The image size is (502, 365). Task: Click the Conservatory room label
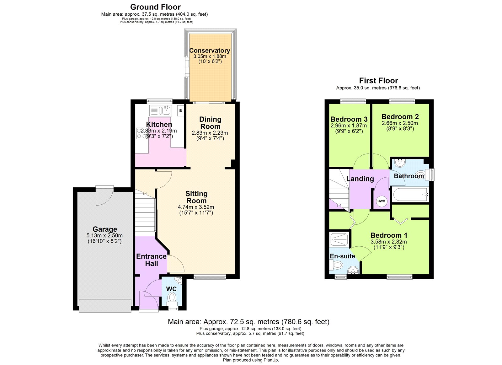tap(210, 51)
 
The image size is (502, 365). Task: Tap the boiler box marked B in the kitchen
tap(180, 110)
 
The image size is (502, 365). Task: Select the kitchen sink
tap(160, 110)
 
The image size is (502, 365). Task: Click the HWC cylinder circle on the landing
tap(381, 201)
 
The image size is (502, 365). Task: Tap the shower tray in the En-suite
tap(339, 239)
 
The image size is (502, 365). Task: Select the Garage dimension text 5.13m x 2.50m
tap(104, 235)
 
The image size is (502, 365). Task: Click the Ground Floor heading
tap(155, 7)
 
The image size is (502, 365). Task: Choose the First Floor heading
tap(378, 81)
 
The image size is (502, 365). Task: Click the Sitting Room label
tap(196, 197)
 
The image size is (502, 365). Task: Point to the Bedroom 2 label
tap(400, 116)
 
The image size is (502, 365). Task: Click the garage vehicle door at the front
tap(105, 306)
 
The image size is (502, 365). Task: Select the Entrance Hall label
tap(151, 260)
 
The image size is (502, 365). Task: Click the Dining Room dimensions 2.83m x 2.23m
tap(210, 133)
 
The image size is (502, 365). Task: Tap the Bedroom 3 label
tap(349, 119)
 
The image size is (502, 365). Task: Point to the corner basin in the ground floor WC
tap(178, 279)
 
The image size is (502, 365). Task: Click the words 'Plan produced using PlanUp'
tap(250, 360)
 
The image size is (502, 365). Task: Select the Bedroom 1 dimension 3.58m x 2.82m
tap(388, 242)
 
